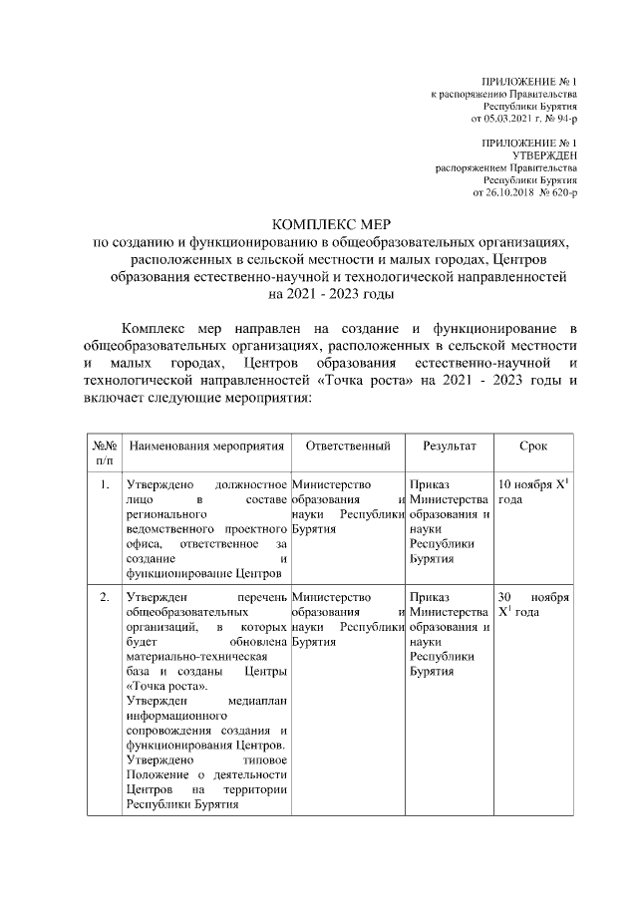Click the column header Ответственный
348,446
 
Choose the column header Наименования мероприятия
206,446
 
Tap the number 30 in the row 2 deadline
504,597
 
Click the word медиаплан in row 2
257,701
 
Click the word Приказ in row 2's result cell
429,597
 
